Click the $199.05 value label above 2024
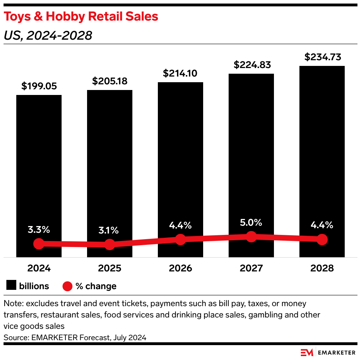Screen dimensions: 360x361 39,86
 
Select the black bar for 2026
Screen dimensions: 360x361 180,159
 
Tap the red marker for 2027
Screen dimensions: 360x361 251,236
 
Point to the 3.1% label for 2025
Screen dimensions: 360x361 109,230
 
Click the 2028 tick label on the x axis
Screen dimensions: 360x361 322,268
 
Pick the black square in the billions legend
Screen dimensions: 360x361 12,286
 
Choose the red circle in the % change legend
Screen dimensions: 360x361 67,286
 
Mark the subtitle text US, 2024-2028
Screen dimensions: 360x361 48,35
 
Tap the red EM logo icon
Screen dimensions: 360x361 307,352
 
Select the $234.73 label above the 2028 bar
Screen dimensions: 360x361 322,57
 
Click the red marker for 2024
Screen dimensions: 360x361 39,243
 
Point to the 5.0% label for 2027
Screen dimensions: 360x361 251,223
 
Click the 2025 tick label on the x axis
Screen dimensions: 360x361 109,268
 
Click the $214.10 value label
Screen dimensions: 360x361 180,73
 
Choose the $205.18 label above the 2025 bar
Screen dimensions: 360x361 110,81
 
